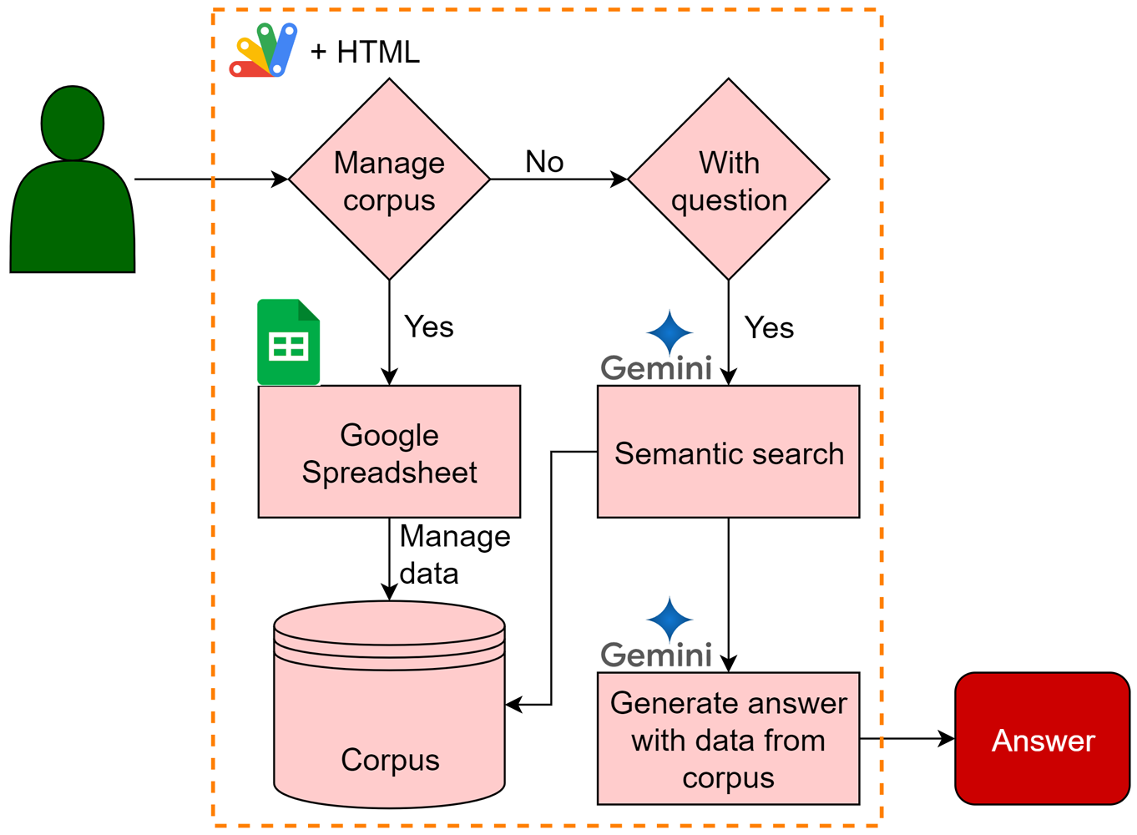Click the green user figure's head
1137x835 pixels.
[73, 124]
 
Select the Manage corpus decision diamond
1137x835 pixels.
[389, 180]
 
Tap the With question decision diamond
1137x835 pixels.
[729, 180]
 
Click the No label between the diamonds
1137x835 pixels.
[544, 162]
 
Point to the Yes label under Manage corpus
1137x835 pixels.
[429, 326]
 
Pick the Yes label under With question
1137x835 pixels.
[769, 327]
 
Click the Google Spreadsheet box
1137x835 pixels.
[389, 452]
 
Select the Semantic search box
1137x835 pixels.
[729, 452]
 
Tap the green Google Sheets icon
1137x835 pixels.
[289, 342]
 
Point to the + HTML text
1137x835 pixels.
[365, 53]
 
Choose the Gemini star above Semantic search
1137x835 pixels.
[670, 333]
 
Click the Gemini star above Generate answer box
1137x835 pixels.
[670, 620]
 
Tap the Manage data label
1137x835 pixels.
[453, 554]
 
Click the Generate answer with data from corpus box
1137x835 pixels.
[729, 739]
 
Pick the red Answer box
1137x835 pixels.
[1043, 739]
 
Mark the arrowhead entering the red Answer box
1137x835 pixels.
[947, 739]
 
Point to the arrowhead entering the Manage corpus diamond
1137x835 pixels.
[280, 179]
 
